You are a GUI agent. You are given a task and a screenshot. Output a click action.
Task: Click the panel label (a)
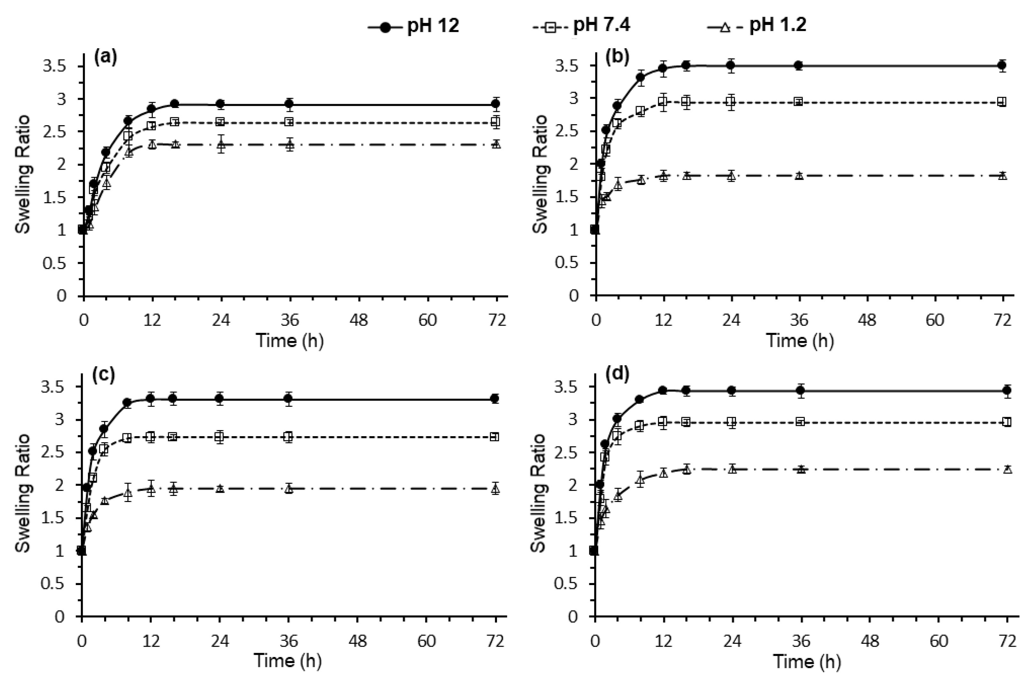pos(105,58)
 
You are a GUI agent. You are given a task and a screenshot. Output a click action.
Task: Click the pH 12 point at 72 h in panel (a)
pos(496,104)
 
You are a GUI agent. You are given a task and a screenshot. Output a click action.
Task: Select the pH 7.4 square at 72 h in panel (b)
pos(1002,102)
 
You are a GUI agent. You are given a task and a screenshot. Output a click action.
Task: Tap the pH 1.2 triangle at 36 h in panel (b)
pos(799,175)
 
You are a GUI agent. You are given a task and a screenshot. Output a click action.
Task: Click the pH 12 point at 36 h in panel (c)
pos(289,399)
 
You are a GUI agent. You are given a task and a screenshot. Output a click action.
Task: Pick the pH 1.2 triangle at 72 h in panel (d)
pos(1008,469)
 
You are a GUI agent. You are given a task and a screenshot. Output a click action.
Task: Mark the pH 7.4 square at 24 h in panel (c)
pos(220,437)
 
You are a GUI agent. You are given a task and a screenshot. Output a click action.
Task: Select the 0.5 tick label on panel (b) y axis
pos(568,263)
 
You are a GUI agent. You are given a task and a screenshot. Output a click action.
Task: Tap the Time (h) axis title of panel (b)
pos(800,341)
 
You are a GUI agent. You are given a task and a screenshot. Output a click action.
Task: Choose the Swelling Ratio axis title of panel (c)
pos(23,493)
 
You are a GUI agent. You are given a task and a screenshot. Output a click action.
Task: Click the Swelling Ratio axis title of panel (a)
pos(23,174)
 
